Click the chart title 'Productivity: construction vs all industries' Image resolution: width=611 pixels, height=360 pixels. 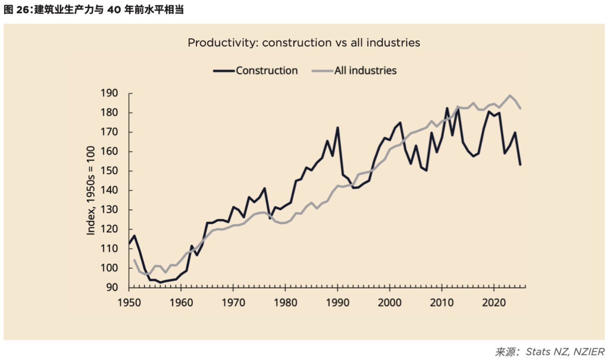coord(304,43)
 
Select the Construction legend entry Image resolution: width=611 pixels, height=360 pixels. coord(255,71)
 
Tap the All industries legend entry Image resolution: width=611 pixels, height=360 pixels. coord(354,71)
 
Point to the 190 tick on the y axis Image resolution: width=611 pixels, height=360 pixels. coord(109,93)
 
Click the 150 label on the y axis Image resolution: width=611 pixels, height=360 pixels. coord(109,171)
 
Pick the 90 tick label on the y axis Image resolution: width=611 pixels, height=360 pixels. coord(112,287)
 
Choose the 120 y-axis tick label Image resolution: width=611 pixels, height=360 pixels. coord(109,229)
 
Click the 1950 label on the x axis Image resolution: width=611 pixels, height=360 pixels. coord(129,303)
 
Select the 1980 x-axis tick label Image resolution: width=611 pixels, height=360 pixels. coord(285,303)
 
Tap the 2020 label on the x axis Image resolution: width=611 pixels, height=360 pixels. coord(494,303)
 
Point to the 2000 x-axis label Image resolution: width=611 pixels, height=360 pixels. coord(390,303)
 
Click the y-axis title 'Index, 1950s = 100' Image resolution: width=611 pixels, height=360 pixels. coord(90,190)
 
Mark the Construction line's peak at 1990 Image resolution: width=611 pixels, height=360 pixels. coord(338,128)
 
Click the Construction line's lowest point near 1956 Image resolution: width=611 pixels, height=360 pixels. coord(160,282)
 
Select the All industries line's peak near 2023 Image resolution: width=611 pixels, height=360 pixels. coord(510,95)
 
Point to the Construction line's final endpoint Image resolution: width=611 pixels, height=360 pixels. coord(520,165)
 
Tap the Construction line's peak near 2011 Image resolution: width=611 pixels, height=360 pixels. coord(447,108)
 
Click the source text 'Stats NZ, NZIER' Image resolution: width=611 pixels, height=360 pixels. coord(565,352)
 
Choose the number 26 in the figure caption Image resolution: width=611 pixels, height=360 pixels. coord(23,10)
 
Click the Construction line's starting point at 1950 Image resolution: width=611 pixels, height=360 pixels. coord(129,243)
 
